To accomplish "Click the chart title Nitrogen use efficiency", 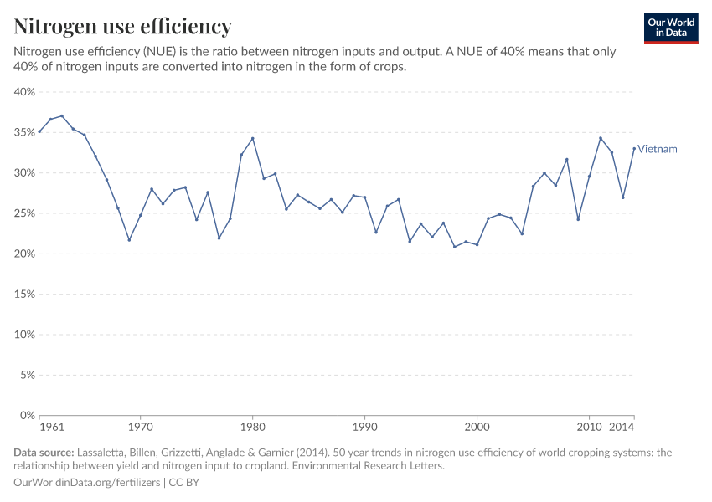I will click(x=122, y=26).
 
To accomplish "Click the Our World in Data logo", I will click(x=670, y=28).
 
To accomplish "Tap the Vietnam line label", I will click(x=657, y=149).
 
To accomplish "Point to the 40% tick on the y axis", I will click(x=25, y=92).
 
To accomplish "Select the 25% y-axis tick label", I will click(x=25, y=213).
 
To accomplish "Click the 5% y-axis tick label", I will click(x=28, y=375).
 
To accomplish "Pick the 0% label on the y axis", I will click(x=28, y=415).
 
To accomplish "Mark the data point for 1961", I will click(x=39, y=131).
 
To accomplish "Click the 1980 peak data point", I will click(x=252, y=138).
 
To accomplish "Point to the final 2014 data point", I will click(x=634, y=149).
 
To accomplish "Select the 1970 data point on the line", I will click(x=141, y=216).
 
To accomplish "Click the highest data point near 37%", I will click(x=62, y=116).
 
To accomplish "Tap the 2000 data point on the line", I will click(x=477, y=244).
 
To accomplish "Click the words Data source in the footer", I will click(x=43, y=453).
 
